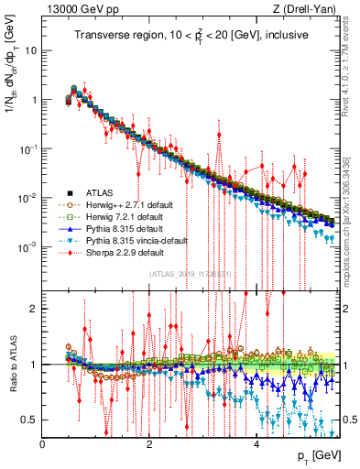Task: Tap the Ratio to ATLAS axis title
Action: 12,365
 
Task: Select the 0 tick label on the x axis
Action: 43,444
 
